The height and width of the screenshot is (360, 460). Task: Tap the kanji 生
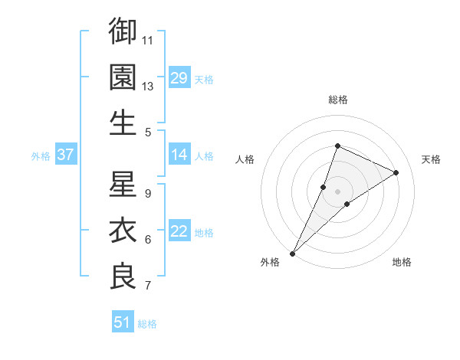123,123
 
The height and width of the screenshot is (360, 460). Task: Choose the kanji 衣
123,230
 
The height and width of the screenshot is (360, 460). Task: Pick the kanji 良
123,276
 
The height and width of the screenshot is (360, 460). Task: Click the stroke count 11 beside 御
148,40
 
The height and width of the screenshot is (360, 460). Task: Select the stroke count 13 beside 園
148,86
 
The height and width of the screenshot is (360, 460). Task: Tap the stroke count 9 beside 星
148,193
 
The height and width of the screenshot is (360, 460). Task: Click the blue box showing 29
179,78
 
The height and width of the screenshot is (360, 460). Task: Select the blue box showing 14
179,155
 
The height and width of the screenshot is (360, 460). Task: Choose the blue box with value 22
179,232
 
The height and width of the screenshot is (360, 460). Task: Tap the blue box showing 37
65,155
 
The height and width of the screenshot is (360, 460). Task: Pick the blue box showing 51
122,322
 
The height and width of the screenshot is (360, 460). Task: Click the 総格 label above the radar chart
337,100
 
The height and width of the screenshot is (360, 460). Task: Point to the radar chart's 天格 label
432,159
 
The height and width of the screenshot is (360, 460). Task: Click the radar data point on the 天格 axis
396,172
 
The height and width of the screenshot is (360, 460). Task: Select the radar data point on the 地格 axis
347,204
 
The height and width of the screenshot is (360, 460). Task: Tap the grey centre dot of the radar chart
337,191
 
